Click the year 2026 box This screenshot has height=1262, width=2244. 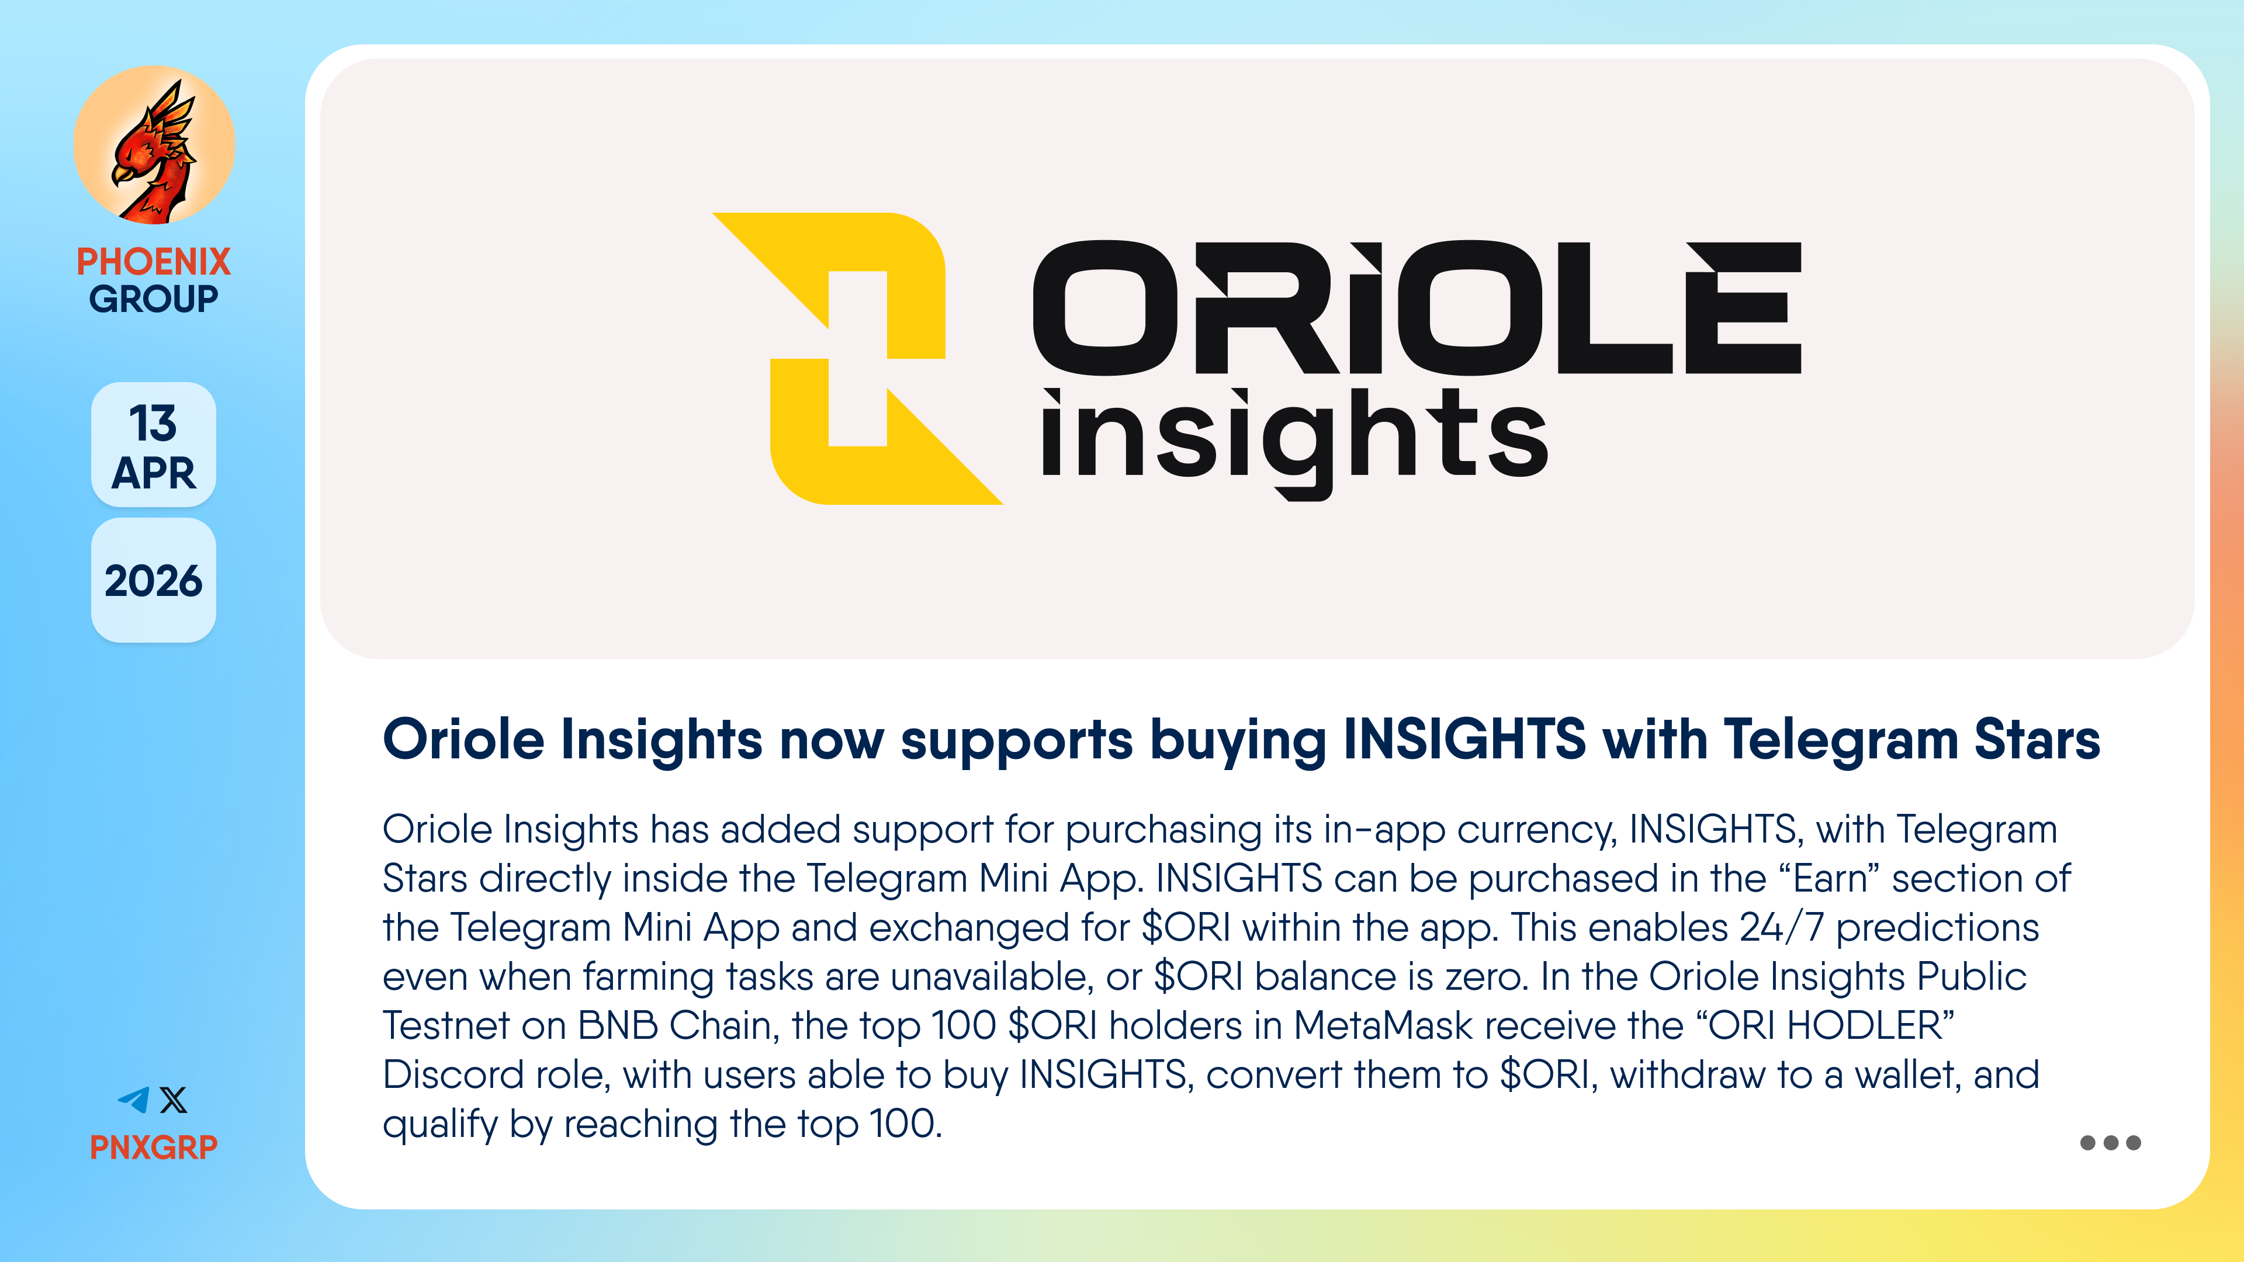click(153, 581)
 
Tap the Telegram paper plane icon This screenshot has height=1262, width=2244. click(134, 1100)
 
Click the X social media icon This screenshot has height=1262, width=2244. click(174, 1100)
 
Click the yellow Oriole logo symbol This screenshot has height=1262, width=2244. click(858, 358)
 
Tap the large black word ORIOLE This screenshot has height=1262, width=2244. click(1417, 307)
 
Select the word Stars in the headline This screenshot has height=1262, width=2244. click(2038, 740)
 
